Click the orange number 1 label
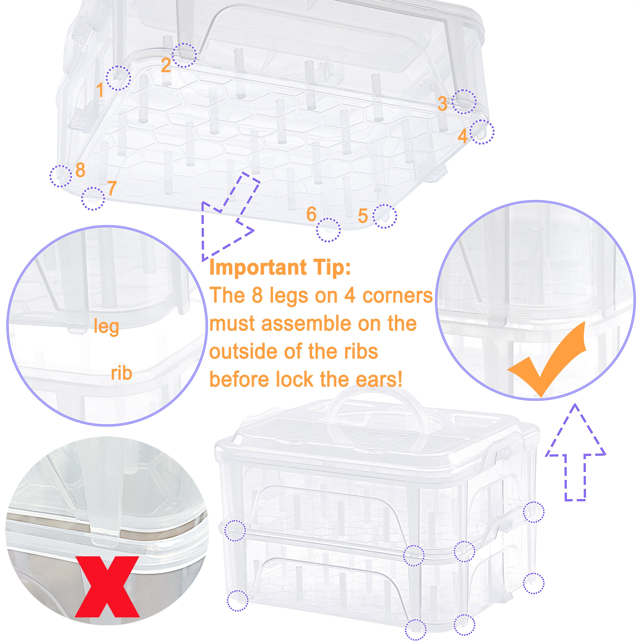pos(100,90)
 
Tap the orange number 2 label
pos(165,65)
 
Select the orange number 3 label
pos(442,104)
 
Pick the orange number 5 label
pos(363,216)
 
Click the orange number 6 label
pos(311,214)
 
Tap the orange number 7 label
pos(112,188)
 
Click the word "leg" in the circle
pos(106,326)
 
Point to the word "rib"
pos(121,373)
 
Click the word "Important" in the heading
pos(257,268)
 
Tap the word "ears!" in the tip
pos(379,379)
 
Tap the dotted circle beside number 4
pos(483,132)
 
